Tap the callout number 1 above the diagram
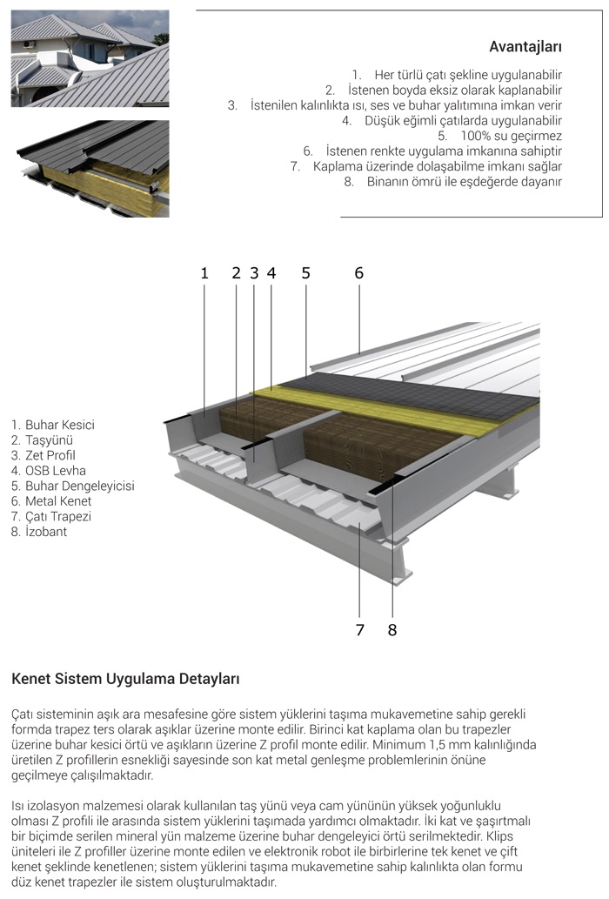pos(204,273)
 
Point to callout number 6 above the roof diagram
pos(358,273)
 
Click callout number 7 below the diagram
pos(360,629)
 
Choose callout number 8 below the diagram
pos(392,629)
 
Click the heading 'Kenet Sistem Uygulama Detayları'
pos(125,678)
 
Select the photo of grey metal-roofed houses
pos(90,58)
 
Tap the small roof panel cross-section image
pos(90,168)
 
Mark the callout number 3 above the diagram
pos(254,273)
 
